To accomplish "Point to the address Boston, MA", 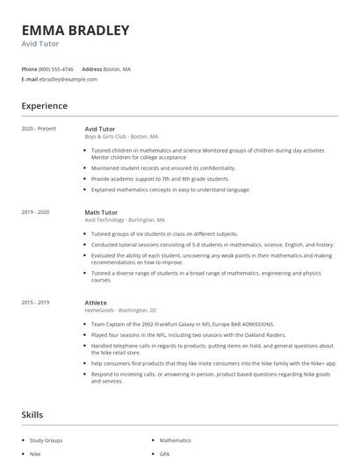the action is pyautogui.click(x=118, y=68).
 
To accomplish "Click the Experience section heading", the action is pyautogui.click(x=45, y=106).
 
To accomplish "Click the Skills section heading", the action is pyautogui.click(x=33, y=414).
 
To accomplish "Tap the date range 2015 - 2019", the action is pyautogui.click(x=36, y=302).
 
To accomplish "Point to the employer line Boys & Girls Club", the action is pyautogui.click(x=121, y=137).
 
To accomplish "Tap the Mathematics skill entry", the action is pyautogui.click(x=175, y=440).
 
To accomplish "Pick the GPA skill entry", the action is pyautogui.click(x=164, y=455).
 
